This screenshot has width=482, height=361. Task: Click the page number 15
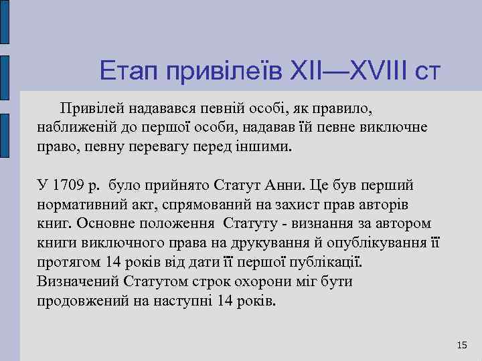pyautogui.click(x=461, y=345)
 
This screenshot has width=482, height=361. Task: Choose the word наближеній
pyautogui.click(x=75, y=126)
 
